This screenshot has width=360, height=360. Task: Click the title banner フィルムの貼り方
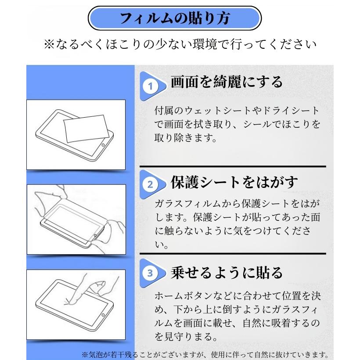(175, 19)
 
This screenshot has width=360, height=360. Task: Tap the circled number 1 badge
(151, 86)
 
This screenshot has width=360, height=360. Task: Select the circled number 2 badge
(151, 184)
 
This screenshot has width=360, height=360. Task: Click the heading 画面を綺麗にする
(227, 82)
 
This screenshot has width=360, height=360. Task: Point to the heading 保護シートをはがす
(234, 182)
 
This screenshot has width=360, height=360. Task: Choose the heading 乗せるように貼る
(227, 273)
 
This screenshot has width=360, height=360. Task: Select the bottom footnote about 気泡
(205, 354)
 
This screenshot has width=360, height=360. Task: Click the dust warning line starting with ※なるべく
(180, 44)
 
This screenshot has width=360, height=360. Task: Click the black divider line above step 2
(233, 167)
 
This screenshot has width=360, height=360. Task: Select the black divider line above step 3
(233, 253)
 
